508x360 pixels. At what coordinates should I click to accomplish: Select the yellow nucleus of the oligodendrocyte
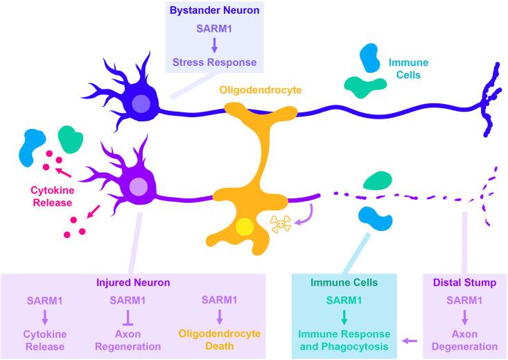(x=244, y=228)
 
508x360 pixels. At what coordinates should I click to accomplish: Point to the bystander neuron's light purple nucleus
(x=141, y=105)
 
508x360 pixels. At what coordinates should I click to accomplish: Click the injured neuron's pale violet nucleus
(x=139, y=187)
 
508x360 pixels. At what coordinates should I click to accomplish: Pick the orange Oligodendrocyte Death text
(x=216, y=339)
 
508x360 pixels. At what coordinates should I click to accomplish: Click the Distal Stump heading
(x=463, y=283)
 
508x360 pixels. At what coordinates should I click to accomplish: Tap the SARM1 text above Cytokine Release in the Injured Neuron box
(x=46, y=300)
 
